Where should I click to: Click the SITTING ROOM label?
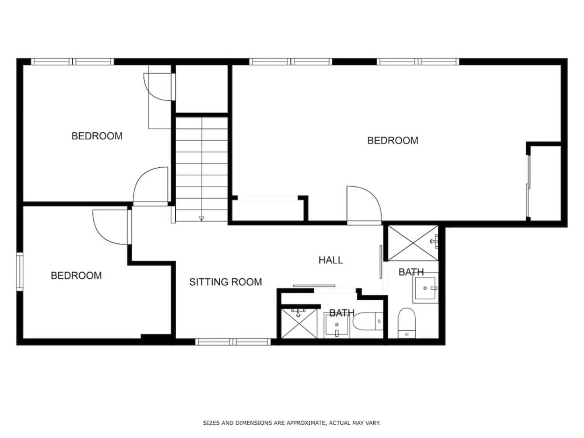point(225,282)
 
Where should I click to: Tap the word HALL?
point(331,260)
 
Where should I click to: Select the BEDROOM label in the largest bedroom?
point(392,141)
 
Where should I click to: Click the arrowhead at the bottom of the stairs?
point(201,219)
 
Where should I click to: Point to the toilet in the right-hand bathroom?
point(406,323)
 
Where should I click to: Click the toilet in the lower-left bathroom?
point(368,322)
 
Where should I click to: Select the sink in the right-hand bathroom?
point(425,288)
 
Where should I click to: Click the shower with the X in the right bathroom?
point(413,243)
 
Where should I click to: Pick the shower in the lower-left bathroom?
point(299,324)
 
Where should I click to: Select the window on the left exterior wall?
point(19,272)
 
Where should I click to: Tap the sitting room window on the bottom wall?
point(233,342)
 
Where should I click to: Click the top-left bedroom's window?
point(73,62)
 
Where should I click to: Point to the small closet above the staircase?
point(201,89)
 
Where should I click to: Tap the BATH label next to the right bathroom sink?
point(411,272)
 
